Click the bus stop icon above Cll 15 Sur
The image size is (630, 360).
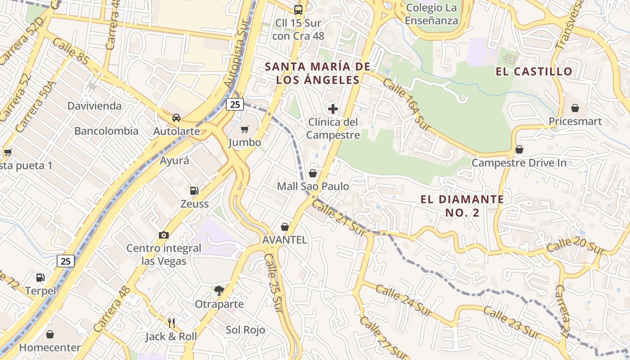pyautogui.click(x=298, y=9)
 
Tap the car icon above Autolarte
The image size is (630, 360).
pyautogui.click(x=176, y=118)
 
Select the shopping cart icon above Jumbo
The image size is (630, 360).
pyautogui.click(x=244, y=130)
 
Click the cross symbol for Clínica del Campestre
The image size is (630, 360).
pyautogui.click(x=333, y=108)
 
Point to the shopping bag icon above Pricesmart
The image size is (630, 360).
pyautogui.click(x=575, y=108)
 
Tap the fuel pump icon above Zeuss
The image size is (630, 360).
pyautogui.click(x=194, y=191)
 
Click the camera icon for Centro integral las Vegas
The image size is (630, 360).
pyautogui.click(x=164, y=235)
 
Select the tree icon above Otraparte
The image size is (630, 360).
pyautogui.click(x=219, y=291)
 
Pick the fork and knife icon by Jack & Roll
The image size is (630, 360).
pyautogui.click(x=171, y=323)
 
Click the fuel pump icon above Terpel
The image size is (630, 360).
pyautogui.click(x=40, y=278)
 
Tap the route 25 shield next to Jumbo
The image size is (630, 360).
pyautogui.click(x=234, y=104)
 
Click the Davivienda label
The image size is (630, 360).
pyautogui.click(x=94, y=106)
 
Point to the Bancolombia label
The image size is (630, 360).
pyautogui.click(x=106, y=131)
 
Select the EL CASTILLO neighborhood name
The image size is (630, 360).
pyautogui.click(x=534, y=71)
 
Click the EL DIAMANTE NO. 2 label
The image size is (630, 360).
pyautogui.click(x=462, y=206)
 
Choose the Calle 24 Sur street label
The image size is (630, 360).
pyautogui.click(x=404, y=300)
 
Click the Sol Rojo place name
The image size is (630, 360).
pyautogui.click(x=245, y=330)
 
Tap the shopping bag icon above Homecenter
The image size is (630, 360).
pyautogui.click(x=50, y=334)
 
